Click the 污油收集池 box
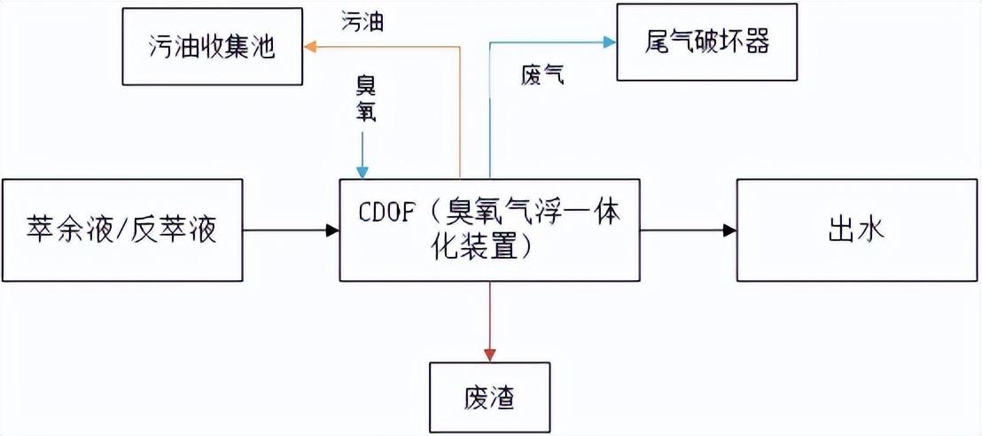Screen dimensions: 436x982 pyautogui.click(x=212, y=47)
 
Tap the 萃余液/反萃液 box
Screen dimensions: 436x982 pyautogui.click(x=122, y=230)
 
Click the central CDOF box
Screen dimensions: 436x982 pyautogui.click(x=490, y=230)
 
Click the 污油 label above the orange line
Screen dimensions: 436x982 pyautogui.click(x=362, y=23)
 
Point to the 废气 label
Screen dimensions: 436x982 pyautogui.click(x=542, y=76)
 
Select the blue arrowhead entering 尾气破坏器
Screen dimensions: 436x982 pyautogui.click(x=610, y=41)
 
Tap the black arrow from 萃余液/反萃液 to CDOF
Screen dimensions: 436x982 pyautogui.click(x=291, y=231)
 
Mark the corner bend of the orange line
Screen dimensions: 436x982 pyautogui.click(x=461, y=47)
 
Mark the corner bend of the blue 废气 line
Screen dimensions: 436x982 pyautogui.click(x=489, y=41)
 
